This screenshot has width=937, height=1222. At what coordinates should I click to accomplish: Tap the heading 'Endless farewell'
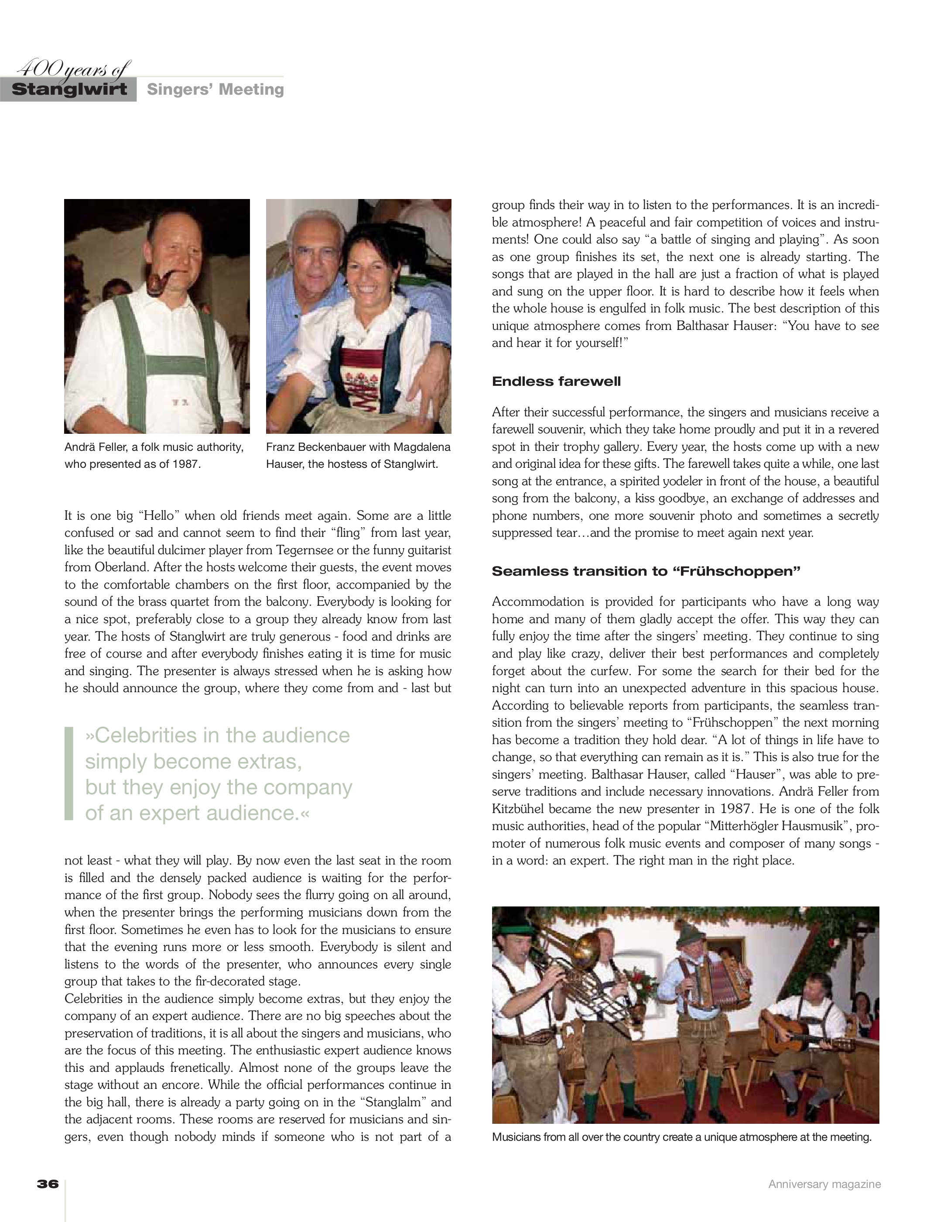coord(556,382)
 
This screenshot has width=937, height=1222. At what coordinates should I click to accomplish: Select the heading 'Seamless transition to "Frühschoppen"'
coord(646,571)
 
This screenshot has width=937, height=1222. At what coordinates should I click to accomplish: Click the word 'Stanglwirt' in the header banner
coord(69,90)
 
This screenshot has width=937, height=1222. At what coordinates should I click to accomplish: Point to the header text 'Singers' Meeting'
coord(215,89)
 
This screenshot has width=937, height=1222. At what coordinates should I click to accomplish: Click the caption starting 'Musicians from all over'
coord(681,1138)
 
